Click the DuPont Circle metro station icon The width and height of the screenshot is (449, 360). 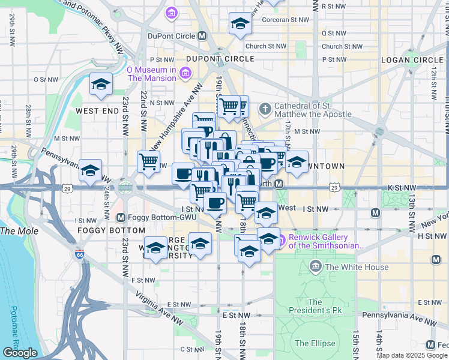[202, 36]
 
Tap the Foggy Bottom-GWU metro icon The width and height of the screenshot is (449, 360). [121, 217]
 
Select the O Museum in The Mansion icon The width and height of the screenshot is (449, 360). [184, 73]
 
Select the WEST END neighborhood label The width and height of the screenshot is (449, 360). [97, 112]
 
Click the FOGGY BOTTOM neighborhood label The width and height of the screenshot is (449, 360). [111, 230]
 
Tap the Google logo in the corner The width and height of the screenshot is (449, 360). [20, 353]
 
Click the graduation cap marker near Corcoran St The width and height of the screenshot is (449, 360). [240, 25]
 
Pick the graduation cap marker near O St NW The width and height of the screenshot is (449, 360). [101, 85]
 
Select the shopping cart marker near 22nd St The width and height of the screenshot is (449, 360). [148, 161]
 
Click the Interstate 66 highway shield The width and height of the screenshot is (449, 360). [80, 254]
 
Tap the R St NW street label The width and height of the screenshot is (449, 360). [333, 6]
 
